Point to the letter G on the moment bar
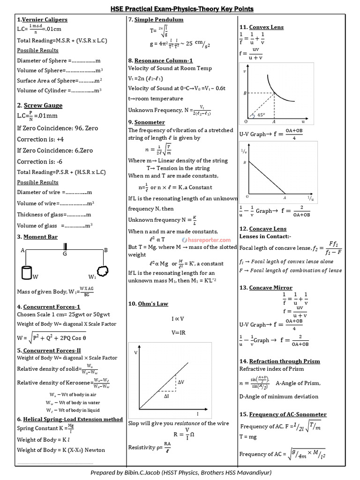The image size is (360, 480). point(65,254)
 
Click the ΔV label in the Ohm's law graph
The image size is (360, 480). point(181,382)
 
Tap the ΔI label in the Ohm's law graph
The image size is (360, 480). point(167,397)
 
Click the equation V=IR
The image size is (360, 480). point(178,332)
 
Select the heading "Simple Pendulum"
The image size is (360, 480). point(159,20)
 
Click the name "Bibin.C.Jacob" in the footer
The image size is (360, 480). point(139,472)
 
